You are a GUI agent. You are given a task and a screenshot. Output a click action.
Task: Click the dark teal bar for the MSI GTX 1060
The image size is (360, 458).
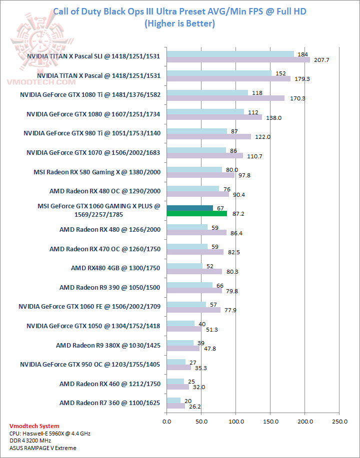coord(189,208)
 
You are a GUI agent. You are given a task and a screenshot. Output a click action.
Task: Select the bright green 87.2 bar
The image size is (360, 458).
coord(196,213)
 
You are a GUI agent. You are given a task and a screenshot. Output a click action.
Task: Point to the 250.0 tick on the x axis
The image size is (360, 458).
coord(339,422)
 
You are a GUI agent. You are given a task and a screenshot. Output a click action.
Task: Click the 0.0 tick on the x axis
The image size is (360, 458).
coord(166,422)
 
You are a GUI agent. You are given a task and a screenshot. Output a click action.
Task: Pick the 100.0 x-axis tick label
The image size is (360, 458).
coord(235,422)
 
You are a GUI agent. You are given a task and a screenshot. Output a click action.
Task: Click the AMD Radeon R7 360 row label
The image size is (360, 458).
coord(109,402)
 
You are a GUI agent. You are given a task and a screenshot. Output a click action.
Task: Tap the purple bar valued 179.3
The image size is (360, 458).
coord(228,78)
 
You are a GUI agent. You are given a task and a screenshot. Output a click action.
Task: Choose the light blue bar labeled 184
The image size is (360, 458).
coord(230,54)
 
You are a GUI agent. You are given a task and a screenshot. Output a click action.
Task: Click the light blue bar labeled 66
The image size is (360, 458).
coord(189,285)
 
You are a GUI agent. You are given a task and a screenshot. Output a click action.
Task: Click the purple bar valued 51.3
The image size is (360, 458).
coord(184,329)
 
